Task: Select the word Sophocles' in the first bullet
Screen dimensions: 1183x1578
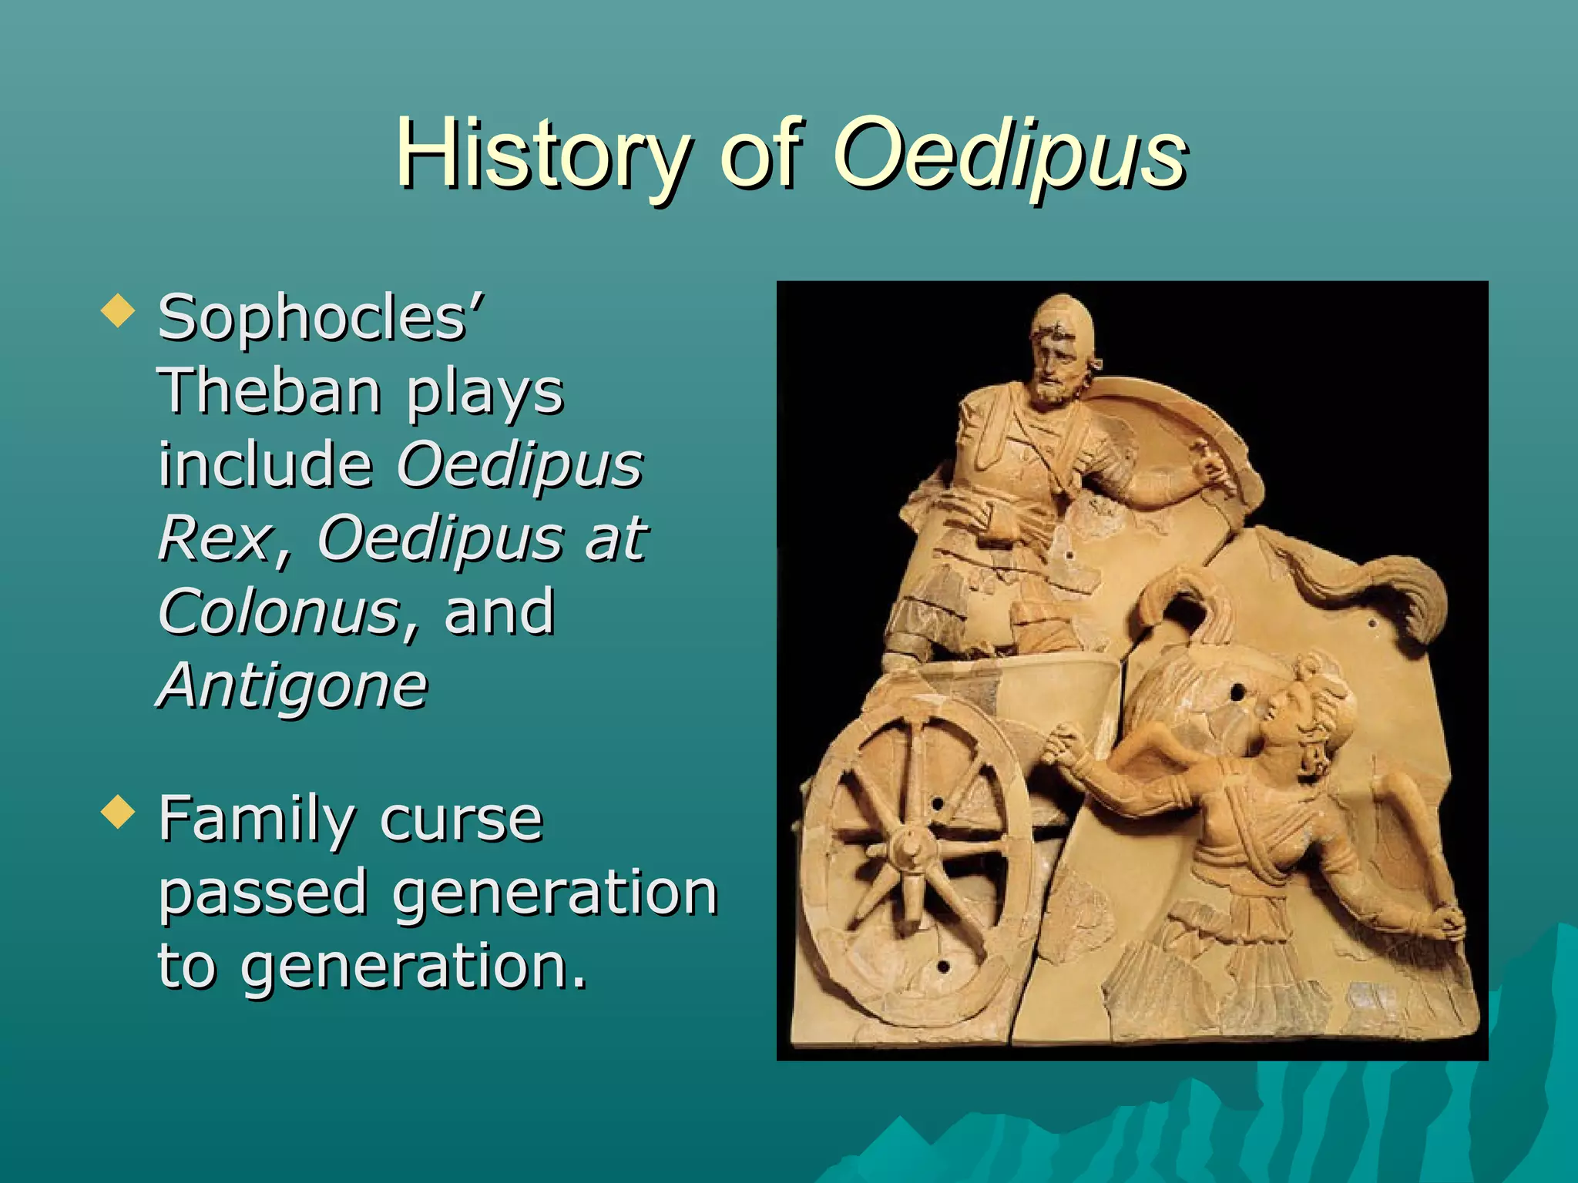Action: (x=321, y=317)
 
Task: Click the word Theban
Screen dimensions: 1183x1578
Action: (x=270, y=390)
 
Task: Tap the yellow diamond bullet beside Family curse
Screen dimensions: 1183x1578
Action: (x=118, y=813)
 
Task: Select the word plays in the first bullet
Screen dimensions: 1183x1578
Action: (x=485, y=390)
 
